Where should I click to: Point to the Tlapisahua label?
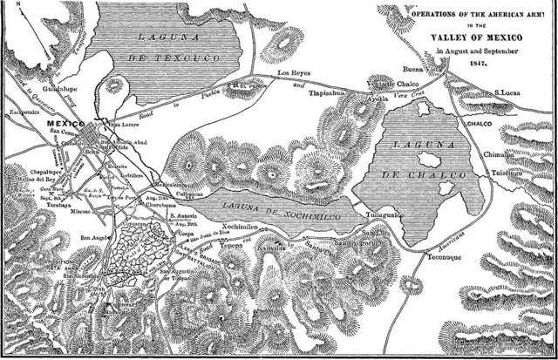[330, 98]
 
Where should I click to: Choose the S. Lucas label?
[509, 92]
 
